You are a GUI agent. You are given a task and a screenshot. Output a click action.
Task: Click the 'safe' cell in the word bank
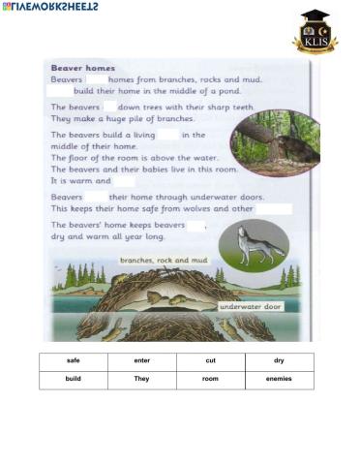click(74, 360)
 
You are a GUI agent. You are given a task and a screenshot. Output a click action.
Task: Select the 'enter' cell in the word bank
click(142, 360)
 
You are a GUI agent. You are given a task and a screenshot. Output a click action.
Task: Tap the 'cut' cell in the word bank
click(211, 360)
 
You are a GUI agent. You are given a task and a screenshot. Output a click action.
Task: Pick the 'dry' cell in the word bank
click(279, 360)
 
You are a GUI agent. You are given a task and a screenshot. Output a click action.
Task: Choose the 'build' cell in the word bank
click(74, 379)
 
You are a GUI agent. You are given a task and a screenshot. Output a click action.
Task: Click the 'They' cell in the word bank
click(142, 379)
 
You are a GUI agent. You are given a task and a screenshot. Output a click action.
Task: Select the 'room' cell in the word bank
click(211, 379)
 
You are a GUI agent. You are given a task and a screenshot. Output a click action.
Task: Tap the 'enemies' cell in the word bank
click(279, 379)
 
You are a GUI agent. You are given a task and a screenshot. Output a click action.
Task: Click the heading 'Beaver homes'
click(83, 69)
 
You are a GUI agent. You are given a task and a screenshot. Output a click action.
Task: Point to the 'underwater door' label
click(251, 306)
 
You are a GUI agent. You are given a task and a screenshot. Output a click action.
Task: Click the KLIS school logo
click(315, 31)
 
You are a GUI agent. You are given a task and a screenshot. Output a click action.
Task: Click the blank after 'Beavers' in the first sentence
click(96, 80)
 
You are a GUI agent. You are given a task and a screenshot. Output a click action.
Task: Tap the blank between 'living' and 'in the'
click(167, 135)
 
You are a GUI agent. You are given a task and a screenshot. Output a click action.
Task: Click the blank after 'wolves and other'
click(274, 208)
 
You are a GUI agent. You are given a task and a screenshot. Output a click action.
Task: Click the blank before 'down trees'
click(109, 107)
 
